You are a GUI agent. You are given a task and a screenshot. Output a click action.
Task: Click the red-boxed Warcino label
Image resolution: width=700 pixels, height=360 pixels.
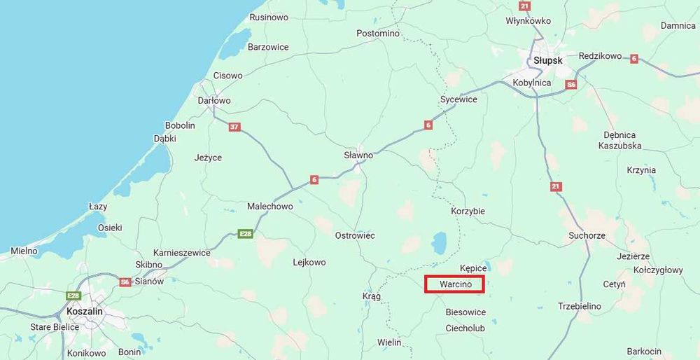454,285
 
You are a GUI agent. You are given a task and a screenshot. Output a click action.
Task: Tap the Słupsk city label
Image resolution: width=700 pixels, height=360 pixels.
547,61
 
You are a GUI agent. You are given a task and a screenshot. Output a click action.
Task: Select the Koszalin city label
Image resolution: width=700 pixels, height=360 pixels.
84,311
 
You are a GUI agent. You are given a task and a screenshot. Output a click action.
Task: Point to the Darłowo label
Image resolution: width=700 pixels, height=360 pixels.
213,101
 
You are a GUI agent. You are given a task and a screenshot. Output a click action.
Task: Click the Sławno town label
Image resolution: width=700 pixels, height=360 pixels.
358,155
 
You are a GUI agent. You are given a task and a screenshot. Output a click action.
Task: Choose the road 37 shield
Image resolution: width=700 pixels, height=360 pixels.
234,127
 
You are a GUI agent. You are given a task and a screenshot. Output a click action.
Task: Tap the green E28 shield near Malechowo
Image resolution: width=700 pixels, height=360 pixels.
245,233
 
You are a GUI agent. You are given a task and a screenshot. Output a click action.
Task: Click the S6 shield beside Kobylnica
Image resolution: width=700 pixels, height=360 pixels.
571,84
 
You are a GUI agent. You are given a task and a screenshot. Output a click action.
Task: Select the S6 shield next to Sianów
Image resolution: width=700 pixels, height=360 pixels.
125,282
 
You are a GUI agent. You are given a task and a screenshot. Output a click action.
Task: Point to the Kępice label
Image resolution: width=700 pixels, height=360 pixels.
473,268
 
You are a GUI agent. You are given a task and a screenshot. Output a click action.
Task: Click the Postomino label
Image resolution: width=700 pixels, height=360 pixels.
377,33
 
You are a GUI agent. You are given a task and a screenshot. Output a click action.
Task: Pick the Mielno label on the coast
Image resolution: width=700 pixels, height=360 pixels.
24,251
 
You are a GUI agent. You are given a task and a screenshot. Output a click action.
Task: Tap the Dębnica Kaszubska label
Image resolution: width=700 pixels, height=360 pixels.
619,140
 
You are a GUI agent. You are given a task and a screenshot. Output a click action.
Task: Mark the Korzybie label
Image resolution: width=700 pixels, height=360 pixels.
468,211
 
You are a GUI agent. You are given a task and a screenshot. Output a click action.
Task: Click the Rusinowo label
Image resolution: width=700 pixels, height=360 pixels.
269,18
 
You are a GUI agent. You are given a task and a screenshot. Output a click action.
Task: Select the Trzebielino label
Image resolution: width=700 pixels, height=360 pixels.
579,306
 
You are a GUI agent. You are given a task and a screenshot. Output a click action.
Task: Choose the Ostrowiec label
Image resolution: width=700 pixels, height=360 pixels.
355,235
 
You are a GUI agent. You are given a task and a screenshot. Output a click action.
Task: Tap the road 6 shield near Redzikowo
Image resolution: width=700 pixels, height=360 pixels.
634,58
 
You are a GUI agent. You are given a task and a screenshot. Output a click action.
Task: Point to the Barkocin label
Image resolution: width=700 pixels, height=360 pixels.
644,351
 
